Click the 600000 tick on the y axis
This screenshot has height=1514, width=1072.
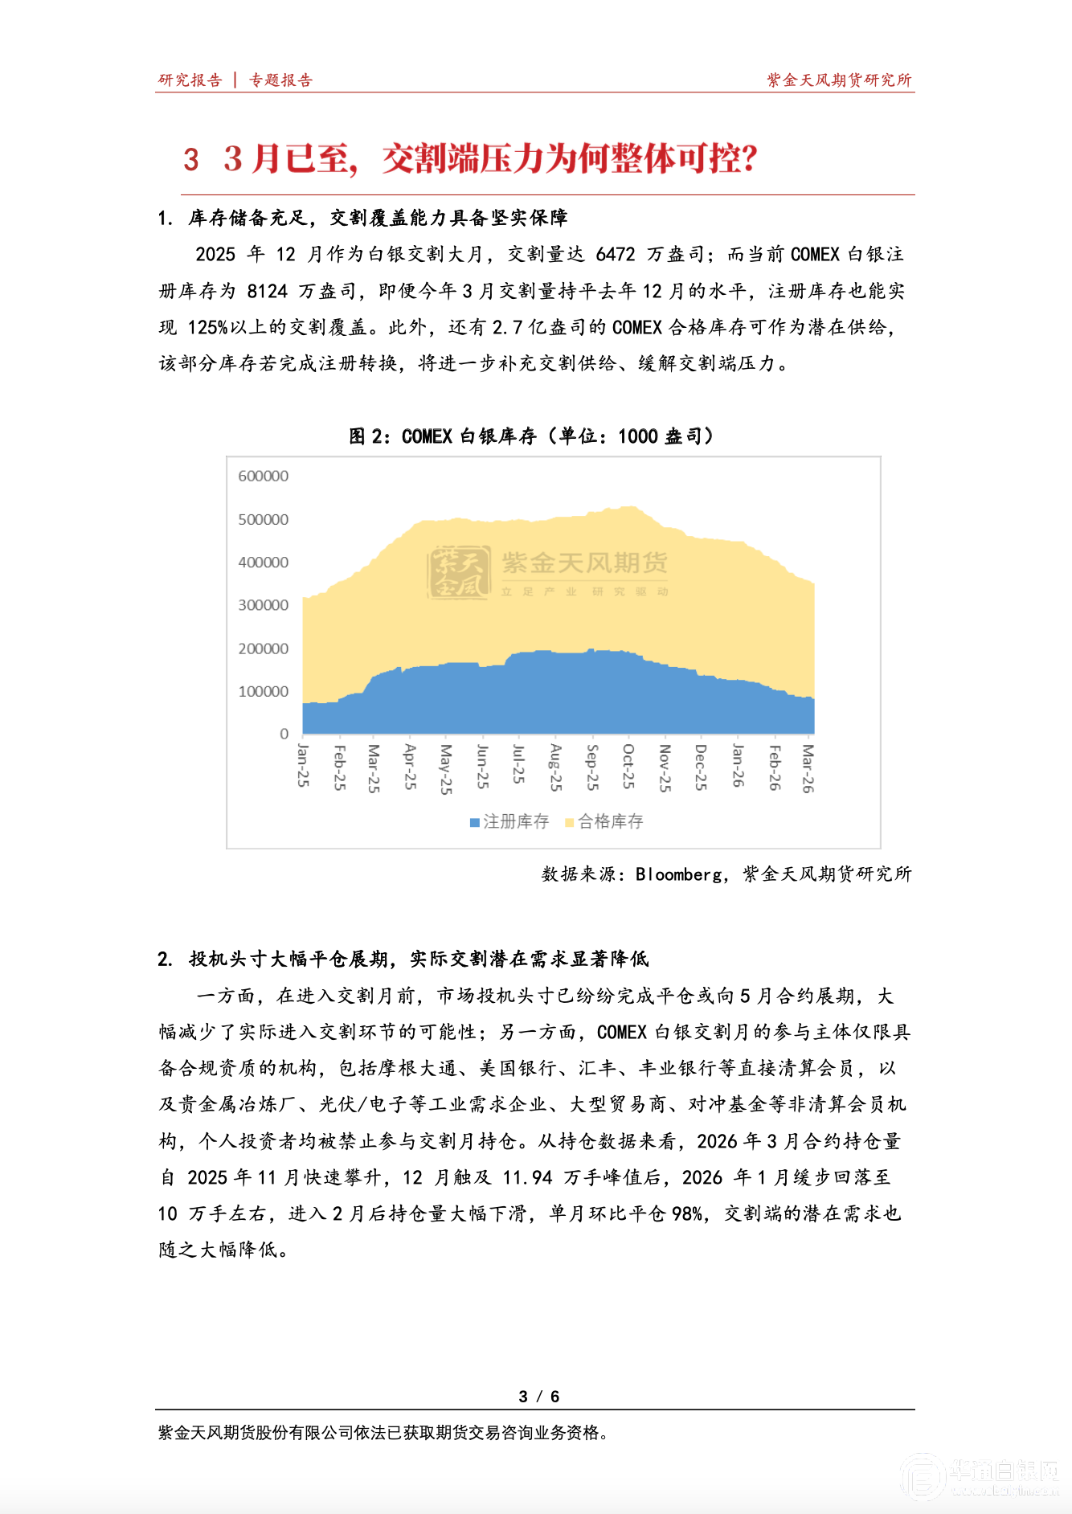(263, 477)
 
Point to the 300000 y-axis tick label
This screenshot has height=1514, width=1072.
(263, 605)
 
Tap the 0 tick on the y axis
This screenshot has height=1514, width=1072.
(284, 734)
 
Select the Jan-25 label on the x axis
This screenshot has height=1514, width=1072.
(303, 765)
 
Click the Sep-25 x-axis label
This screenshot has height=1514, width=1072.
(592, 767)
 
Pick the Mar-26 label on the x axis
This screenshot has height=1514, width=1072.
(808, 768)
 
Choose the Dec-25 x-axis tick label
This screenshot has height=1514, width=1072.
(700, 767)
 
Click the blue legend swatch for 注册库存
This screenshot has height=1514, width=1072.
(475, 822)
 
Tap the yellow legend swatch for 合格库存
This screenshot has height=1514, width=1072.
(570, 822)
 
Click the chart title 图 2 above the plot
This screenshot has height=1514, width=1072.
(530, 436)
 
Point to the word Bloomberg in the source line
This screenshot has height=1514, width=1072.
(679, 874)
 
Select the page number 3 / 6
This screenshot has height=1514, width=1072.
(538, 1397)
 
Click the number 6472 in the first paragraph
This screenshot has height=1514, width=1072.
(616, 255)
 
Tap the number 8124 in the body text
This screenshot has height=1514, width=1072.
(267, 291)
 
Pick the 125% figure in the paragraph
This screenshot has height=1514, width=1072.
(207, 327)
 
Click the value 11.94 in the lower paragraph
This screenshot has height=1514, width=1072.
(527, 1177)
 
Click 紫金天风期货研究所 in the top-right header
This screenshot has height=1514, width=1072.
(839, 80)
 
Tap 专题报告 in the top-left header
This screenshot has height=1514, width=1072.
(280, 80)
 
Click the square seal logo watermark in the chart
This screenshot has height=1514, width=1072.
(459, 572)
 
